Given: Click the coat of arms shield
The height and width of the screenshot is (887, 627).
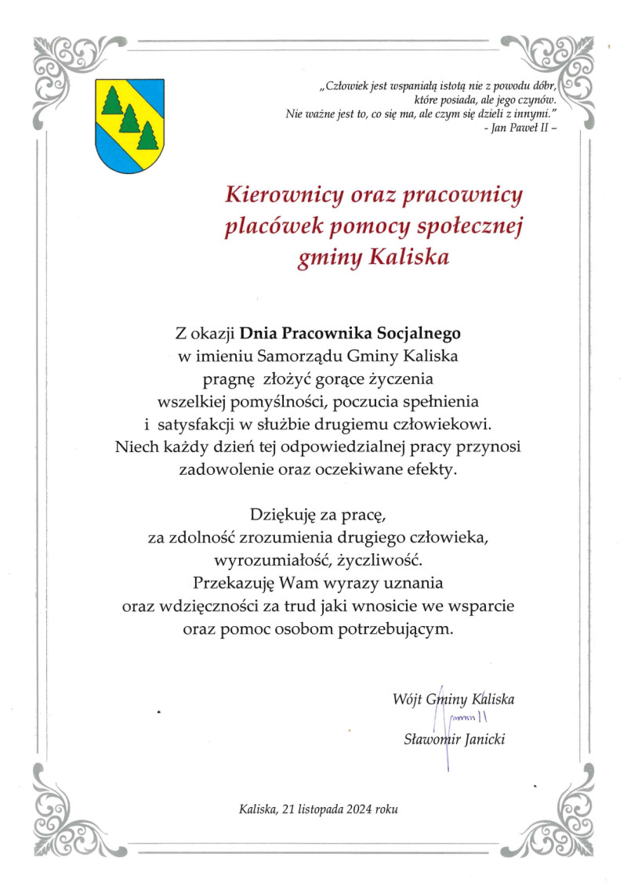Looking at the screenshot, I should coord(129,125).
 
